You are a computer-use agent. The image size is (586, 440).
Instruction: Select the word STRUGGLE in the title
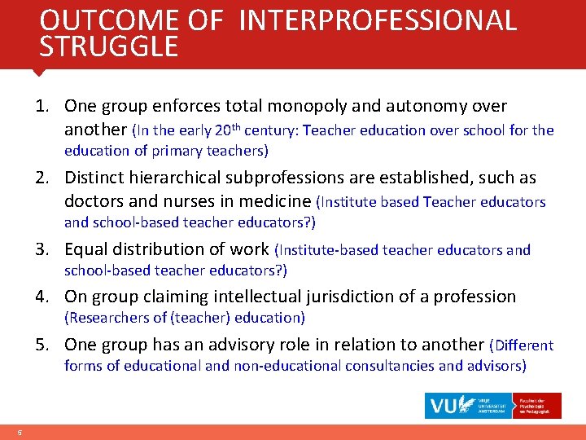108,46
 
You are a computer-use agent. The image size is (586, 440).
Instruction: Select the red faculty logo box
538,405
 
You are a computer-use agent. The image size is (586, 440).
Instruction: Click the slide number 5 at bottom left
18,432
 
